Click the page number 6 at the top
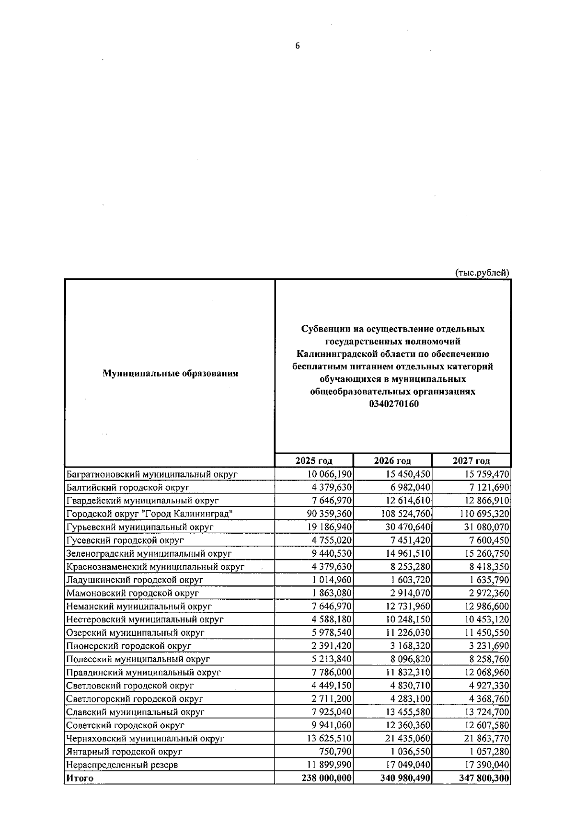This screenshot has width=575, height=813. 298,46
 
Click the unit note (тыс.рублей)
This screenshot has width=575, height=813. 482,273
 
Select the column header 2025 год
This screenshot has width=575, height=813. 314,460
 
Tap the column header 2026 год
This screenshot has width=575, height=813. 392,460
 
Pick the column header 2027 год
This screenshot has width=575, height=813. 471,460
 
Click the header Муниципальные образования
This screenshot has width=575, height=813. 170,373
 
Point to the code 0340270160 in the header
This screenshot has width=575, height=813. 393,404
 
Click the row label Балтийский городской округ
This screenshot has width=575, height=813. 128,487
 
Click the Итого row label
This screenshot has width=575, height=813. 80,778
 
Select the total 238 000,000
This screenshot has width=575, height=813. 327,778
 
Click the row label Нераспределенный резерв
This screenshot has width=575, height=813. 122,765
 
